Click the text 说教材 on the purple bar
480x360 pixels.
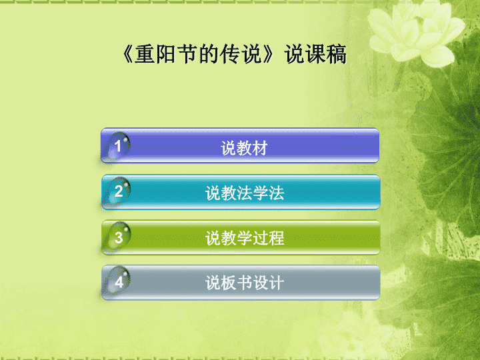(244, 148)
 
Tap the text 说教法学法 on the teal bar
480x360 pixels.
(245, 193)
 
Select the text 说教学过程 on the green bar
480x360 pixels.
(245, 238)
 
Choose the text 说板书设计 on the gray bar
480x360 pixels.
(245, 283)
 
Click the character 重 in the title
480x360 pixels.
(145, 54)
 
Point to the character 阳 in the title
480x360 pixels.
(166, 54)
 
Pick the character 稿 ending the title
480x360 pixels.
(337, 54)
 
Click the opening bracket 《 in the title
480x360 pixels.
(128, 54)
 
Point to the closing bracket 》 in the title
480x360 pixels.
(268, 54)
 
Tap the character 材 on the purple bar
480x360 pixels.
(260, 148)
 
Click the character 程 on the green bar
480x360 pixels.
(277, 238)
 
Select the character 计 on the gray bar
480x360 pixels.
(277, 283)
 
